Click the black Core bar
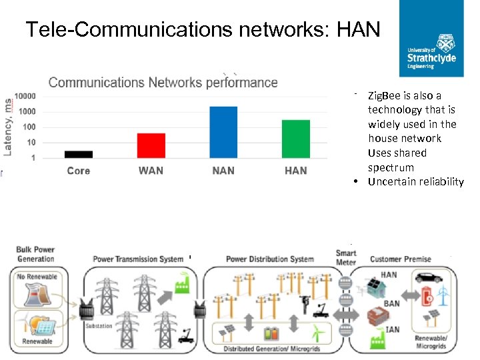coord(79,154)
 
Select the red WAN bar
coord(151,145)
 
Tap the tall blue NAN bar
coord(223,132)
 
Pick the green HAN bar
coord(295,139)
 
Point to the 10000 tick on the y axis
coord(26,96)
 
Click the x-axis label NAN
coord(223,171)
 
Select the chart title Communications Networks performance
coord(163,83)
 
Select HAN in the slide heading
coord(359,29)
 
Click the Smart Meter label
coord(346,258)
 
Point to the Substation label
coord(99,326)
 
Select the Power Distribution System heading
coord(269,259)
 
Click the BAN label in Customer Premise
coord(392,304)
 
